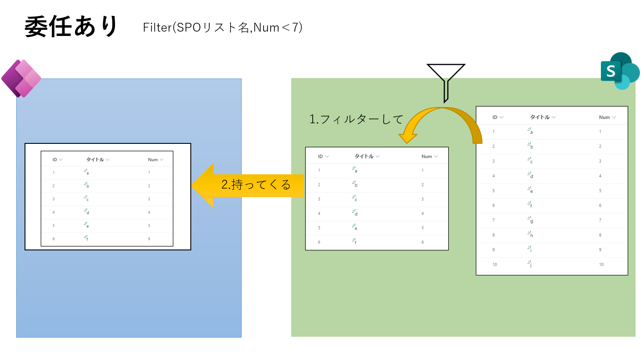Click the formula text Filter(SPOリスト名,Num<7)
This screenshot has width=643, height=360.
tap(222, 28)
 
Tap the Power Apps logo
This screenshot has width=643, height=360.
tap(21, 78)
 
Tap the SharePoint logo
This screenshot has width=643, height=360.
tap(619, 71)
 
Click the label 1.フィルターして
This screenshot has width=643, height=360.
tap(356, 119)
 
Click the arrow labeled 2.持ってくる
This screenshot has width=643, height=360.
tap(248, 185)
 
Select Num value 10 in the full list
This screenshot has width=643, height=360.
tap(601, 264)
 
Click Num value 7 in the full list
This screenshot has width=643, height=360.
tap(600, 220)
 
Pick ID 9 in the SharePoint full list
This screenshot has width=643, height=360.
tap(493, 250)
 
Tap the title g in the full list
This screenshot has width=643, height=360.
tap(531, 221)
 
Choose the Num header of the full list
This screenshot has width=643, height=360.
tap(604, 118)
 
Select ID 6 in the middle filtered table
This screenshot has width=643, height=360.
tap(319, 242)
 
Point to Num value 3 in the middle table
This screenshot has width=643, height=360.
tap(422, 199)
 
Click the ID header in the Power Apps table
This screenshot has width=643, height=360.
tap(55, 160)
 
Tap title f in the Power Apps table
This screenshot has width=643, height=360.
tap(87, 239)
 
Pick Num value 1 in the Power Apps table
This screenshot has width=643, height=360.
tap(149, 172)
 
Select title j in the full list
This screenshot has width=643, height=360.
tap(530, 264)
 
